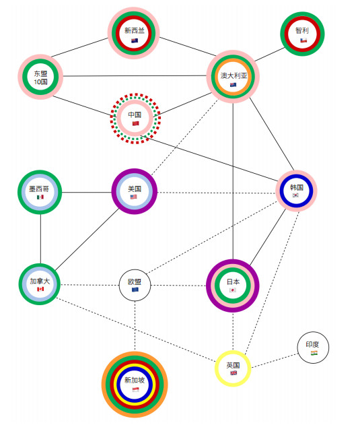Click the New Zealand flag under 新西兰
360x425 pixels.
coord(135,40)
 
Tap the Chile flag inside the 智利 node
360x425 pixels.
coord(303,40)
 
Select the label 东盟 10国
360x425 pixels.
coord(40,77)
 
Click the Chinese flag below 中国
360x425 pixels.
coord(136,124)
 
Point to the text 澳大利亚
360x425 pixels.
coord(233,75)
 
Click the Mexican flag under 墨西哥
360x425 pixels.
coord(40,197)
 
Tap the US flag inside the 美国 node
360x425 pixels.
coord(134,197)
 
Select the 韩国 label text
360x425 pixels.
coord(296,187)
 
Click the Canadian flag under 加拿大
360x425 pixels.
coord(40,289)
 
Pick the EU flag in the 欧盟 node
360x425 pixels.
coord(135,290)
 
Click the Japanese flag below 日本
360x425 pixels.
coord(233,290)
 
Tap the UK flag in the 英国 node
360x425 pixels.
coord(233,373)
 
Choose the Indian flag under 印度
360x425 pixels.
coord(314,353)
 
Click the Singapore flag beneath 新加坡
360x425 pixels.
coord(135,390)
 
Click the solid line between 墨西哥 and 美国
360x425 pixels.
coord(87,193)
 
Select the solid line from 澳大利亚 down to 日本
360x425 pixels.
coord(233,181)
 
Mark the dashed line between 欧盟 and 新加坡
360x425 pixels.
coord(135,326)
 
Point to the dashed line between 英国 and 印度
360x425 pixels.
coord(275,360)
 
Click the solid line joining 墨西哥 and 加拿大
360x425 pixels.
coord(40,239)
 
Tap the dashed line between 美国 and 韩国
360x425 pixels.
coord(217,193)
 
